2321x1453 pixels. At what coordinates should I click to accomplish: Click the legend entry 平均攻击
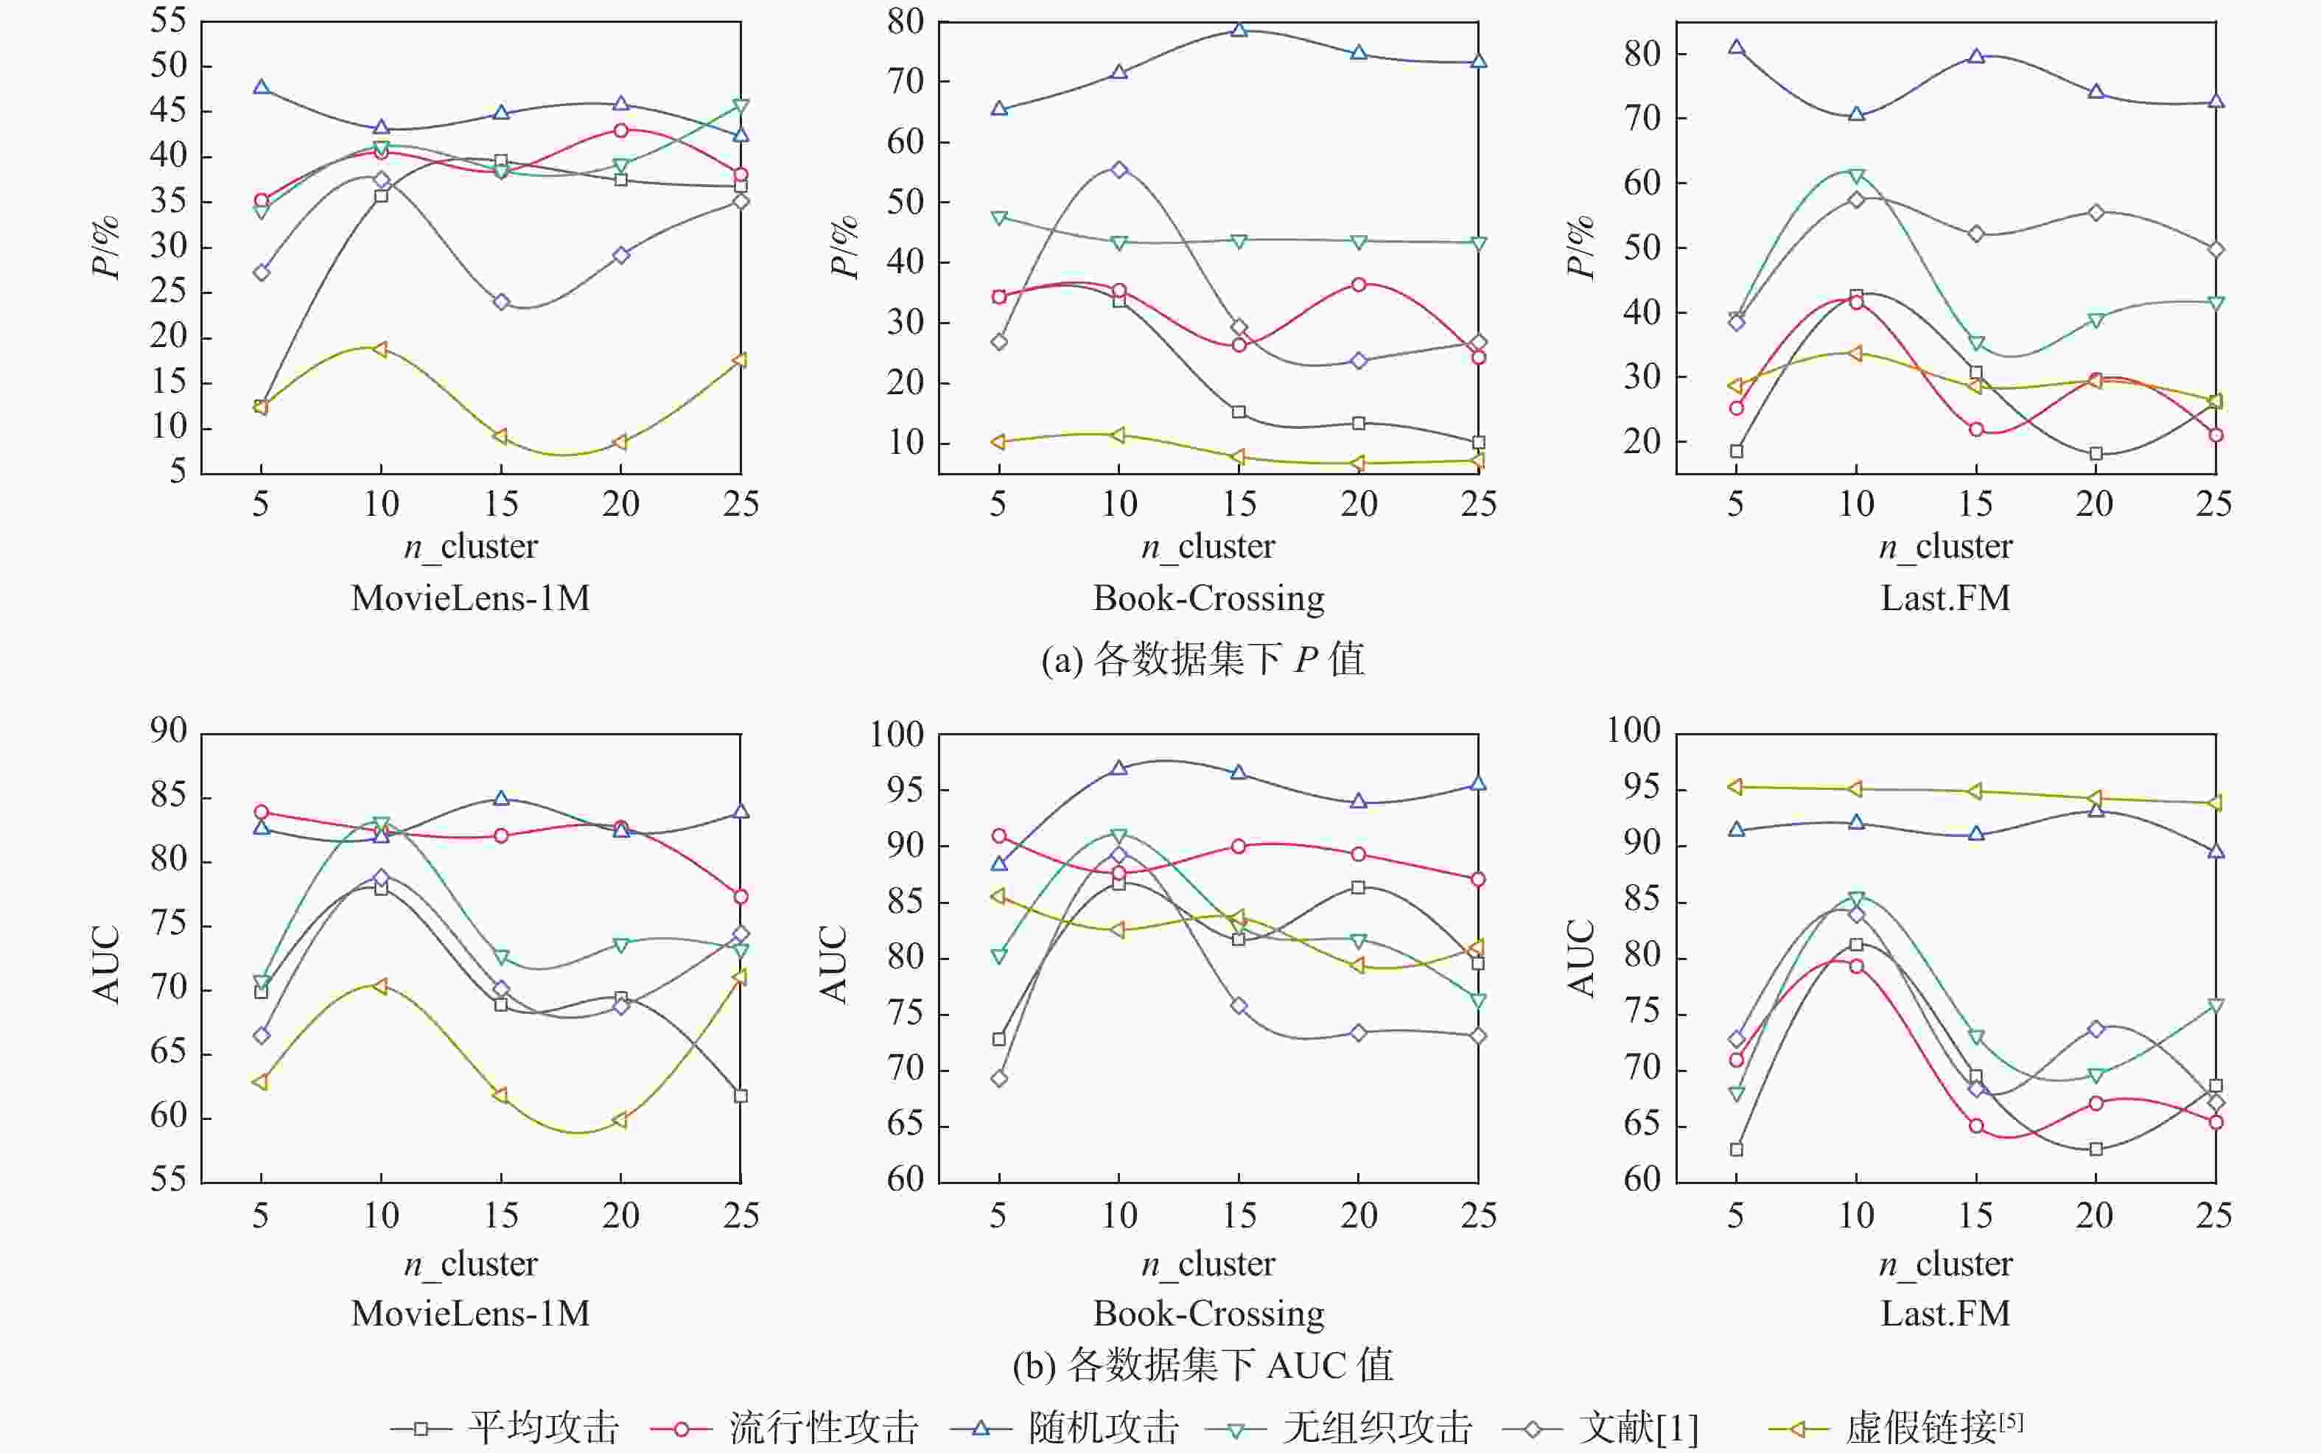(x=543, y=1428)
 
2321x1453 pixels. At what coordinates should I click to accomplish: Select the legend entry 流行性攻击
(x=822, y=1428)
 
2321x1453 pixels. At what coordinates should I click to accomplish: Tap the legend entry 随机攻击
(x=1103, y=1428)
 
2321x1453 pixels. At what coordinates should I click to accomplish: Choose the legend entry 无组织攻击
(x=1376, y=1428)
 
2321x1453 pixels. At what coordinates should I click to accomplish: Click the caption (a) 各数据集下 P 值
(x=1202, y=659)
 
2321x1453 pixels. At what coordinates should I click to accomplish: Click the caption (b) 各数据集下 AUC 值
(x=1202, y=1365)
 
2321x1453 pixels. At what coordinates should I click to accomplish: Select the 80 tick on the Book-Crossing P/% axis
(x=905, y=21)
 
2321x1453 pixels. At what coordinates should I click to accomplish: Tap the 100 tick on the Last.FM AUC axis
(x=1633, y=730)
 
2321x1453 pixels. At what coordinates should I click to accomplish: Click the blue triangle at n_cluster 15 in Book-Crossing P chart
(x=1239, y=29)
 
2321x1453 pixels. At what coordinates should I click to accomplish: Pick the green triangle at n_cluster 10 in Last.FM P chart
(x=1856, y=176)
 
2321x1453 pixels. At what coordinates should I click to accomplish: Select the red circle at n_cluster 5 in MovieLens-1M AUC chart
(x=260, y=812)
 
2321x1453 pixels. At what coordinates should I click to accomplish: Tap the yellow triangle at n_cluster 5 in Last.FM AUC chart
(x=1735, y=787)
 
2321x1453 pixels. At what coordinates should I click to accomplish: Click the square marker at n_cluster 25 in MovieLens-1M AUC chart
(x=741, y=1096)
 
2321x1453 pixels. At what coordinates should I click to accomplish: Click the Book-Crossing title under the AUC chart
(x=1208, y=1313)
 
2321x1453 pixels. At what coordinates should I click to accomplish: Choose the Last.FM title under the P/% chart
(x=1945, y=598)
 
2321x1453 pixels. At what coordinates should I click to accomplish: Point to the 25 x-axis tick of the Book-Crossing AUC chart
(x=1479, y=1216)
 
